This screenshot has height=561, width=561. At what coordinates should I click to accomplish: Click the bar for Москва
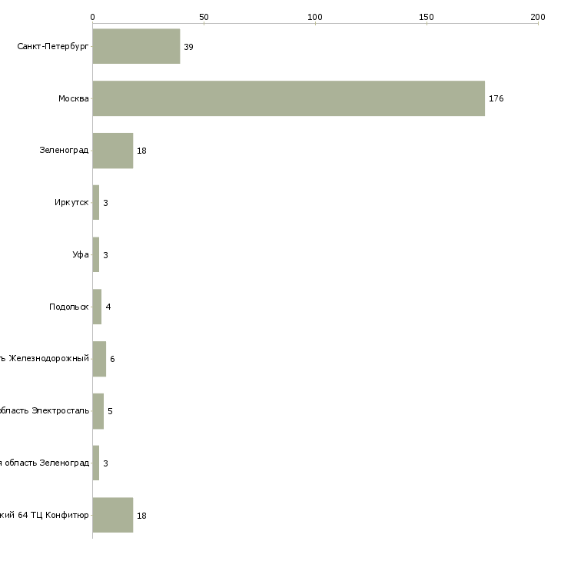click(288, 98)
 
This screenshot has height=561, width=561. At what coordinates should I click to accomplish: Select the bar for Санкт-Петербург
click(136, 46)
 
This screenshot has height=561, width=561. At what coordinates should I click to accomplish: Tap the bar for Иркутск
click(96, 202)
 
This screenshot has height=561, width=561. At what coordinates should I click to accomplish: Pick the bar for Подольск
click(97, 307)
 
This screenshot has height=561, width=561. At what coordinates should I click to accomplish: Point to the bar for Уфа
click(96, 254)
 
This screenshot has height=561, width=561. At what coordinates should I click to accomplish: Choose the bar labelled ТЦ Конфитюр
click(112, 515)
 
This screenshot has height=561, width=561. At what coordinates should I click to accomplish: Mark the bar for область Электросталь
click(98, 410)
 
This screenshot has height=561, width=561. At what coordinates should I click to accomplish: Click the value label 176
click(496, 98)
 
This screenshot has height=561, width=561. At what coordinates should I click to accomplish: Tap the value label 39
click(188, 47)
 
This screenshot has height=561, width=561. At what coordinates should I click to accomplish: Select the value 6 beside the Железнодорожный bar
click(112, 359)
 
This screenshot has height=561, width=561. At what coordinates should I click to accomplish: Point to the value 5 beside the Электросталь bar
click(110, 411)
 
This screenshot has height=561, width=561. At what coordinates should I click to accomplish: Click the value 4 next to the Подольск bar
click(108, 307)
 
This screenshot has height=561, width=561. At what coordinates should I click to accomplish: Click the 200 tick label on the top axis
click(537, 16)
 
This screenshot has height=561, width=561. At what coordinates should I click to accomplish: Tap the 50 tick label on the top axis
click(204, 16)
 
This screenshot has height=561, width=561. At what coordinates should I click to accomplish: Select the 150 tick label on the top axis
click(426, 16)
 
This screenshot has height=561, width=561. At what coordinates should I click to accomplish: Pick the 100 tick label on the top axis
click(315, 16)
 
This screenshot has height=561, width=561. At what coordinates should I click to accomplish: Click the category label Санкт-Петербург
click(52, 47)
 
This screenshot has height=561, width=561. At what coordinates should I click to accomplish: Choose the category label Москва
click(73, 98)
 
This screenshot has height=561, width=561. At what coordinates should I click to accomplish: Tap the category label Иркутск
click(71, 203)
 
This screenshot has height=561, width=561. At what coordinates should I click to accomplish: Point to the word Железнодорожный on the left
click(49, 359)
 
